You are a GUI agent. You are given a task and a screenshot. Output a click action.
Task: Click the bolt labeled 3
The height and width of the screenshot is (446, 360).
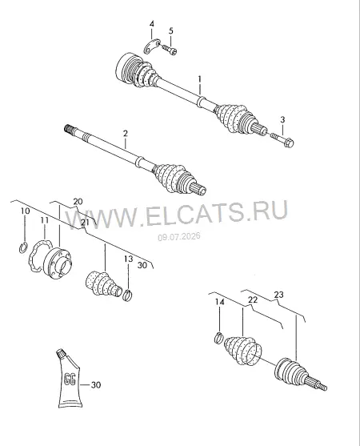click(282, 139)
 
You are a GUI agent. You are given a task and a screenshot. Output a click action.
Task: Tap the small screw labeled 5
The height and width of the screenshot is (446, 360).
click(170, 49)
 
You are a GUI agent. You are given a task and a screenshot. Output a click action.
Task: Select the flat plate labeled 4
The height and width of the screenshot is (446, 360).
click(152, 46)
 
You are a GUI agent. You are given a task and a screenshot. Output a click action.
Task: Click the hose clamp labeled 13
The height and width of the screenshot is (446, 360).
click(128, 294)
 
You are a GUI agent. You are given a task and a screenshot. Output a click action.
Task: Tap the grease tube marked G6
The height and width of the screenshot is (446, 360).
click(70, 378)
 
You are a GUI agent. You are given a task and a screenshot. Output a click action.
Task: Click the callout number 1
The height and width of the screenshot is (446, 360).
click(200, 79)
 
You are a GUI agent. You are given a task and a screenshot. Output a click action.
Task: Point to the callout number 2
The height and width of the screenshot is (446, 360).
click(126, 134)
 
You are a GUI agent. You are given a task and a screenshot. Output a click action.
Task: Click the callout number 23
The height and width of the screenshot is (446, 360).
click(279, 295)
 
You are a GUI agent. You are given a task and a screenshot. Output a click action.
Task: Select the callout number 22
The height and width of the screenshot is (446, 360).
click(253, 299)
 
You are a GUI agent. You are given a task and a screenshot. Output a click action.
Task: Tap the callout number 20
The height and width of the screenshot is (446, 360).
click(78, 202)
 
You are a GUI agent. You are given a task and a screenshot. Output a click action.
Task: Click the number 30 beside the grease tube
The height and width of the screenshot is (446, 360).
click(96, 385)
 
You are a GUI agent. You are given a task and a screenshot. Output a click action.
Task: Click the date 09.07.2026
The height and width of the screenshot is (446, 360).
click(179, 236)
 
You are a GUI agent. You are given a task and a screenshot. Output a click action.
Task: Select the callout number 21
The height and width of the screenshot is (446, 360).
click(85, 223)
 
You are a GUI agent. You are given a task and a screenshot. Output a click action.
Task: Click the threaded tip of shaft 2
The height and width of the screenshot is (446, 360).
click(68, 129)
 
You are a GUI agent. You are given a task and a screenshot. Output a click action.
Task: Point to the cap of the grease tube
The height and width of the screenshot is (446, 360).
click(61, 354)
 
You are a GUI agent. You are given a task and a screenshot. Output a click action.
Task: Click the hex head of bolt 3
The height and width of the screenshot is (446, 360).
click(289, 143)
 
